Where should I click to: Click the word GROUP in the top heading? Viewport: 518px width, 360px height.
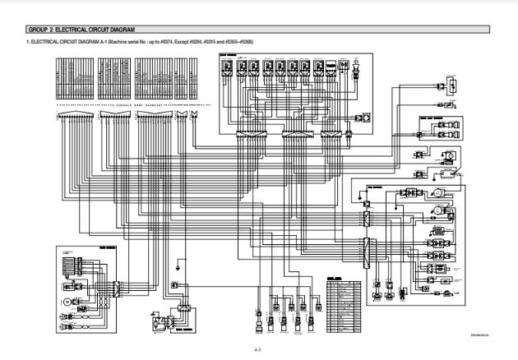click(38, 30)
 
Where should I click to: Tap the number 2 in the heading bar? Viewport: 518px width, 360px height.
click(50, 30)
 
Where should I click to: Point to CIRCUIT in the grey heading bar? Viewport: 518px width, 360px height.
click(100, 30)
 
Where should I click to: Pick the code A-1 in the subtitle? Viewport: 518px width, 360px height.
click(99, 41)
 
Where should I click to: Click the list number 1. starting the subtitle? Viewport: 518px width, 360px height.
click(28, 41)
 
